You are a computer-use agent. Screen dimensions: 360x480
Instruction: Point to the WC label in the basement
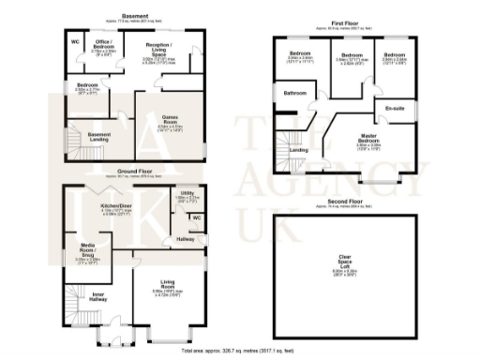coord(75,43)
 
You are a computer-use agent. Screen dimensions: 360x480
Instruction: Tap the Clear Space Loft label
coord(350,262)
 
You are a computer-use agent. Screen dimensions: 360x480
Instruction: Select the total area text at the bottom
coord(240,349)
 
